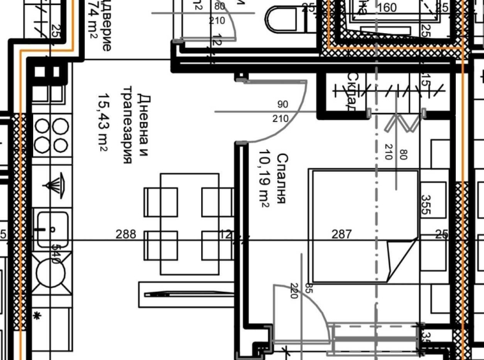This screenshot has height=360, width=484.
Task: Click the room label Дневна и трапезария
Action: click(135, 124)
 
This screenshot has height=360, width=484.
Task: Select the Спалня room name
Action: click(282, 179)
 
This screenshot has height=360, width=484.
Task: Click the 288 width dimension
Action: click(125, 234)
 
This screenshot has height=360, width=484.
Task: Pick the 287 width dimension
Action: click(342, 234)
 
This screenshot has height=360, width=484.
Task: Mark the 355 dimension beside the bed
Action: click(426, 206)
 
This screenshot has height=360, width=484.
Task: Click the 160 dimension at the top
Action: click(387, 8)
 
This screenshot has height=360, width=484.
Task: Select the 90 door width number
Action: click(282, 104)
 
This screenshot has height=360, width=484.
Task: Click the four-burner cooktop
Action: click(51, 135)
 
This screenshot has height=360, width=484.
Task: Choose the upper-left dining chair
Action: click(160, 202)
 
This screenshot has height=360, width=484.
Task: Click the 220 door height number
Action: click(294, 290)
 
